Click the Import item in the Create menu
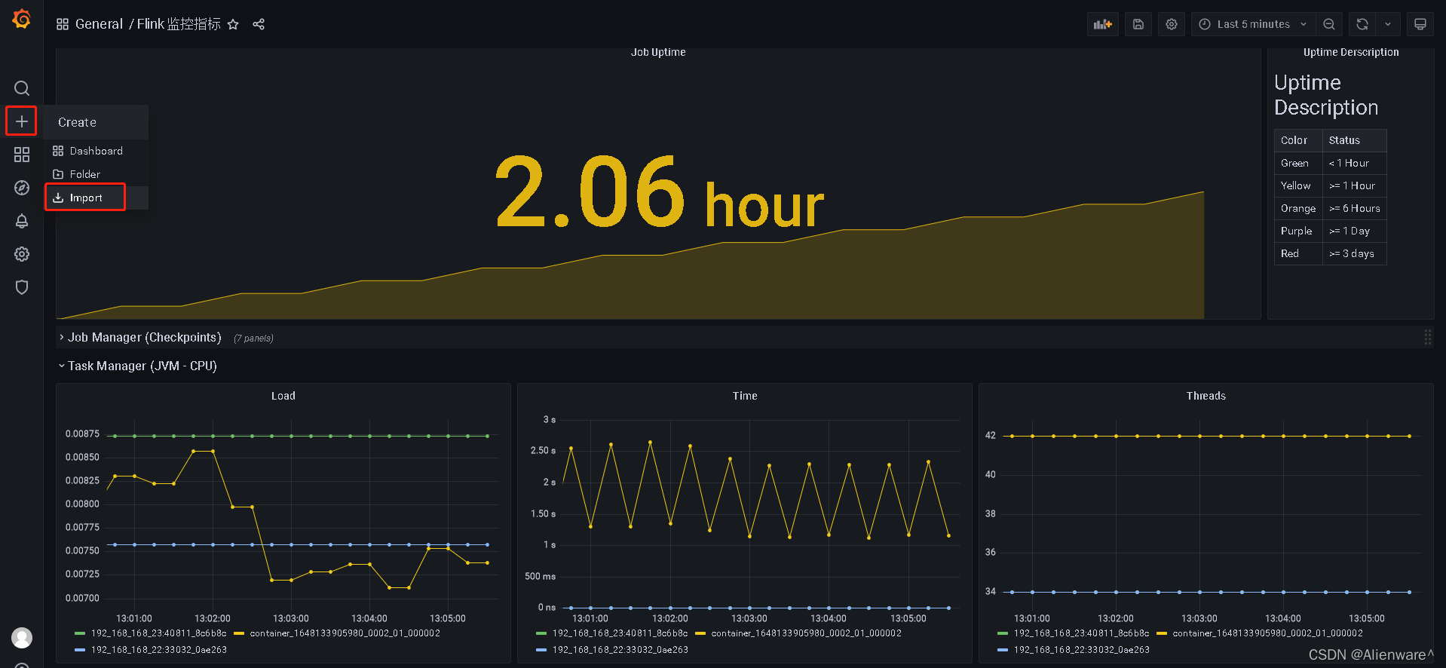[x=85, y=198]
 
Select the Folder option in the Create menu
[x=84, y=174]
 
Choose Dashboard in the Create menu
[x=96, y=151]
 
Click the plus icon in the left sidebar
[x=22, y=121]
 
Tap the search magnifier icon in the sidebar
[x=22, y=88]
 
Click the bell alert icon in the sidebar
[x=22, y=221]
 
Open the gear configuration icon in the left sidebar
[x=22, y=254]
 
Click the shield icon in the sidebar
[x=22, y=287]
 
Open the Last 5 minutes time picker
[x=1253, y=24]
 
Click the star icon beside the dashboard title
[x=233, y=24]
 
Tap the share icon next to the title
[x=259, y=24]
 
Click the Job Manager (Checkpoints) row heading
[x=144, y=337]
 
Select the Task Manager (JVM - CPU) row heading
[x=142, y=366]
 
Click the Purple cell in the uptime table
[x=1296, y=231]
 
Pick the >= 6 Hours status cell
[x=1354, y=208]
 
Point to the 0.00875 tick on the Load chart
[x=82, y=434]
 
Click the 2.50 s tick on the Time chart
[x=543, y=450]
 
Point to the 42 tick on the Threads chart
[x=990, y=435]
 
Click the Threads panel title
[x=1206, y=396]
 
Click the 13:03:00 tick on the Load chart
[x=291, y=618]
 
